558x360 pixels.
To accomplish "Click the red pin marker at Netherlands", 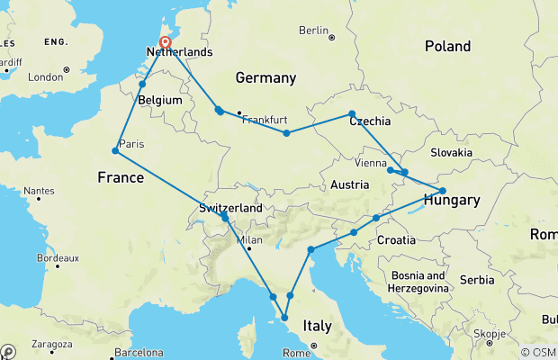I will (166, 41).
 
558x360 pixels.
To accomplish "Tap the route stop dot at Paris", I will (116, 150).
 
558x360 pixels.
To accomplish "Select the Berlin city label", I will (312, 31).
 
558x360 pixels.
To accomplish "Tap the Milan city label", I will (248, 240).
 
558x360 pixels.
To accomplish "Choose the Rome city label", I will (295, 352).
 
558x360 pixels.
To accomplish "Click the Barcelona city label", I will (138, 352).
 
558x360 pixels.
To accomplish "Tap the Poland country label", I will (447, 46).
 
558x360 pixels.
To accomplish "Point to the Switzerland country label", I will (230, 208).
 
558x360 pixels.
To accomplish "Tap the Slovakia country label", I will (451, 152).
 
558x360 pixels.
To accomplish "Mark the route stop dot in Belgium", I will (143, 85).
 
